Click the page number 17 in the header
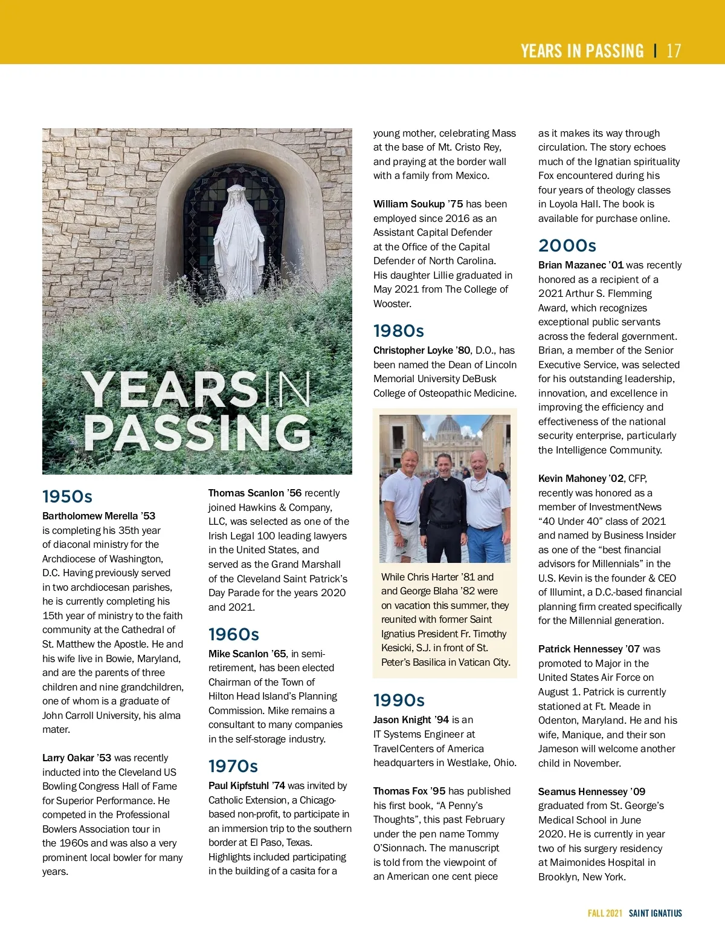(674, 51)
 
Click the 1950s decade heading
(67, 496)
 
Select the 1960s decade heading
(233, 634)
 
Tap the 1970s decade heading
(233, 766)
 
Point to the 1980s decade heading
(398, 331)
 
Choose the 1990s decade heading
(399, 700)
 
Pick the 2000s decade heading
(567, 245)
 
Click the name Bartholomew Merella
(90, 516)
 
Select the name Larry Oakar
(68, 758)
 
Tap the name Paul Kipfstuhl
(239, 785)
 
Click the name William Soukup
(409, 204)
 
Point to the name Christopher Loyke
(413, 350)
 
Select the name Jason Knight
(402, 720)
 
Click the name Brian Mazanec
(572, 265)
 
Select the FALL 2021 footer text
(605, 913)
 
